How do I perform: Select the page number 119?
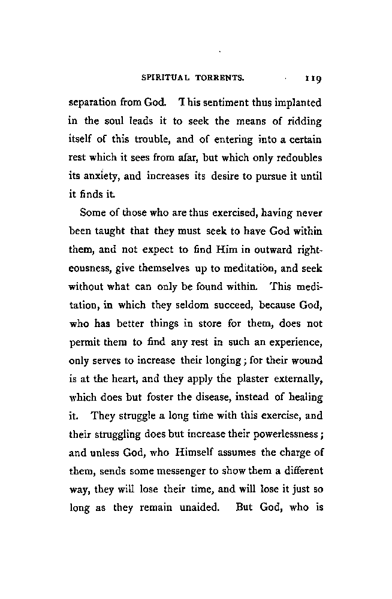pos(313,77)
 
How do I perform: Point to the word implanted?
pos(297,103)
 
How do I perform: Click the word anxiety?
pos(102,178)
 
